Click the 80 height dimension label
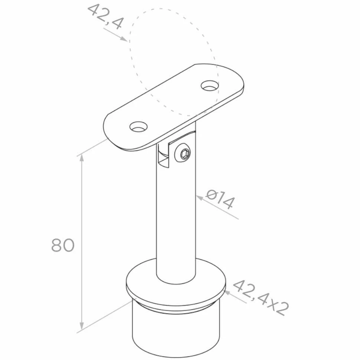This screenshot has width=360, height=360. pos(63,245)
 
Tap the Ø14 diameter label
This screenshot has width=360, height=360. pos(220,199)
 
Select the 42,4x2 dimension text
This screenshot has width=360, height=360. pos(261,298)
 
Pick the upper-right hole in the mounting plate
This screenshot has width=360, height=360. pos(209,85)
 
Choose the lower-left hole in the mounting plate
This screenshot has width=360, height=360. pos(138,127)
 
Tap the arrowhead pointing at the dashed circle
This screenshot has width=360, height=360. pos(124,39)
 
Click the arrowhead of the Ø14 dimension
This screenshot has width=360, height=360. pos(200,198)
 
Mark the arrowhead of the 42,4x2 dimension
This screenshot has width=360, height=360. pos(228,293)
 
